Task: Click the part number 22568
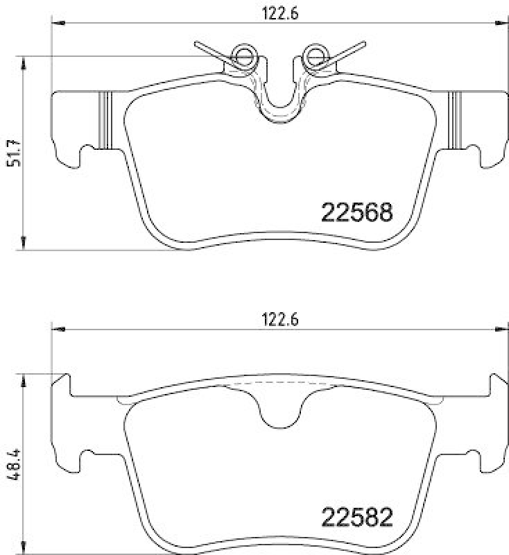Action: (x=356, y=212)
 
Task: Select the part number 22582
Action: (x=356, y=517)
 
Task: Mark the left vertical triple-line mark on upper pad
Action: (x=105, y=119)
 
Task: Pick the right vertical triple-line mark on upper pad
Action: (x=456, y=119)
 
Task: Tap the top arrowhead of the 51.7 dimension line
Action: (x=24, y=63)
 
